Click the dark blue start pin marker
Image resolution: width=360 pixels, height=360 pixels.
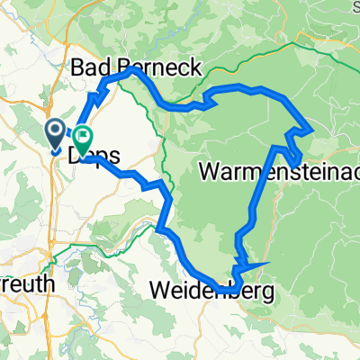pos(54,135)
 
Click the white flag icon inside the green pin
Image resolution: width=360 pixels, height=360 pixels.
pos(84,138)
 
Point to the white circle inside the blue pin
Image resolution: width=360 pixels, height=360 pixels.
pos(54,132)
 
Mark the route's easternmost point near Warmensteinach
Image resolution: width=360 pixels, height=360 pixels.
pos(311,131)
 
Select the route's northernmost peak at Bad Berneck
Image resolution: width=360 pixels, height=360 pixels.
pos(133,68)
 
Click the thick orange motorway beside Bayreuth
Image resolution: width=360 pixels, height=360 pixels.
pos(56,207)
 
